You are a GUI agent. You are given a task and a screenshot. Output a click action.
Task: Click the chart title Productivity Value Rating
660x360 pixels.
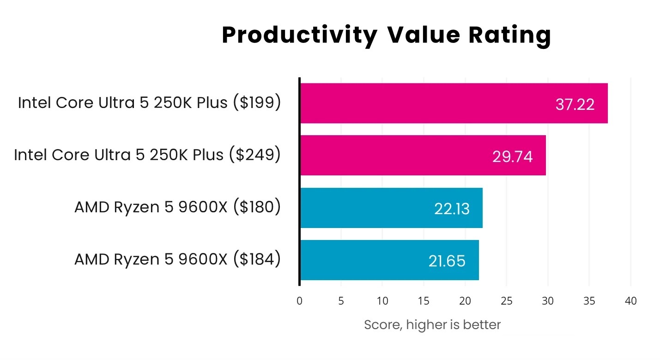pos(386,36)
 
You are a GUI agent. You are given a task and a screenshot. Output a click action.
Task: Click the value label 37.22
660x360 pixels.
pos(575,105)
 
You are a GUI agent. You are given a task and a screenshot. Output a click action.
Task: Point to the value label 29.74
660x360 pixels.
pos(512,157)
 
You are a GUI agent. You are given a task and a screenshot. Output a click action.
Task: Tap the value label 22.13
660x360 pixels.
pos(452,209)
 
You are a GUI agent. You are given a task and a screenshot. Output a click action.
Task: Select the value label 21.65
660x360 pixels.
pos(447,261)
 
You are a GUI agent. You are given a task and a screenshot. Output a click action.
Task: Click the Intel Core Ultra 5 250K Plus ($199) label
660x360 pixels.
pos(149,103)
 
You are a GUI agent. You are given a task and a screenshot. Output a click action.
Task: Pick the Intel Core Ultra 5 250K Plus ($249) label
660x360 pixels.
pos(147,155)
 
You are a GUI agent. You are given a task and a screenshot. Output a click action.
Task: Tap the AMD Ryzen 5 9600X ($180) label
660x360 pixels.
pos(177,207)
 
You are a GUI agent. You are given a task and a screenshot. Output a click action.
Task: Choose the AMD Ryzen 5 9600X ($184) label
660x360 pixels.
pos(177,259)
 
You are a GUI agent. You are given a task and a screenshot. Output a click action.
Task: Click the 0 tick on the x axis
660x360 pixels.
pos(300,301)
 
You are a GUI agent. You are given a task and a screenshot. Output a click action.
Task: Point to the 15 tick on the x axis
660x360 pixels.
pos(424,301)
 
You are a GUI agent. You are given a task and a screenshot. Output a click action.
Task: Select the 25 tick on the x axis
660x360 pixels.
pos(506,301)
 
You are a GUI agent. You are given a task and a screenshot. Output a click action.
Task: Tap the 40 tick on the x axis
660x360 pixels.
pos(630,301)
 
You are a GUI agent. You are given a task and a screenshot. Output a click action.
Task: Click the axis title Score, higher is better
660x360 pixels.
pos(432,325)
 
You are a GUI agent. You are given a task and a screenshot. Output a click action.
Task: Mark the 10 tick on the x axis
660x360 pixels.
pos(382,301)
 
